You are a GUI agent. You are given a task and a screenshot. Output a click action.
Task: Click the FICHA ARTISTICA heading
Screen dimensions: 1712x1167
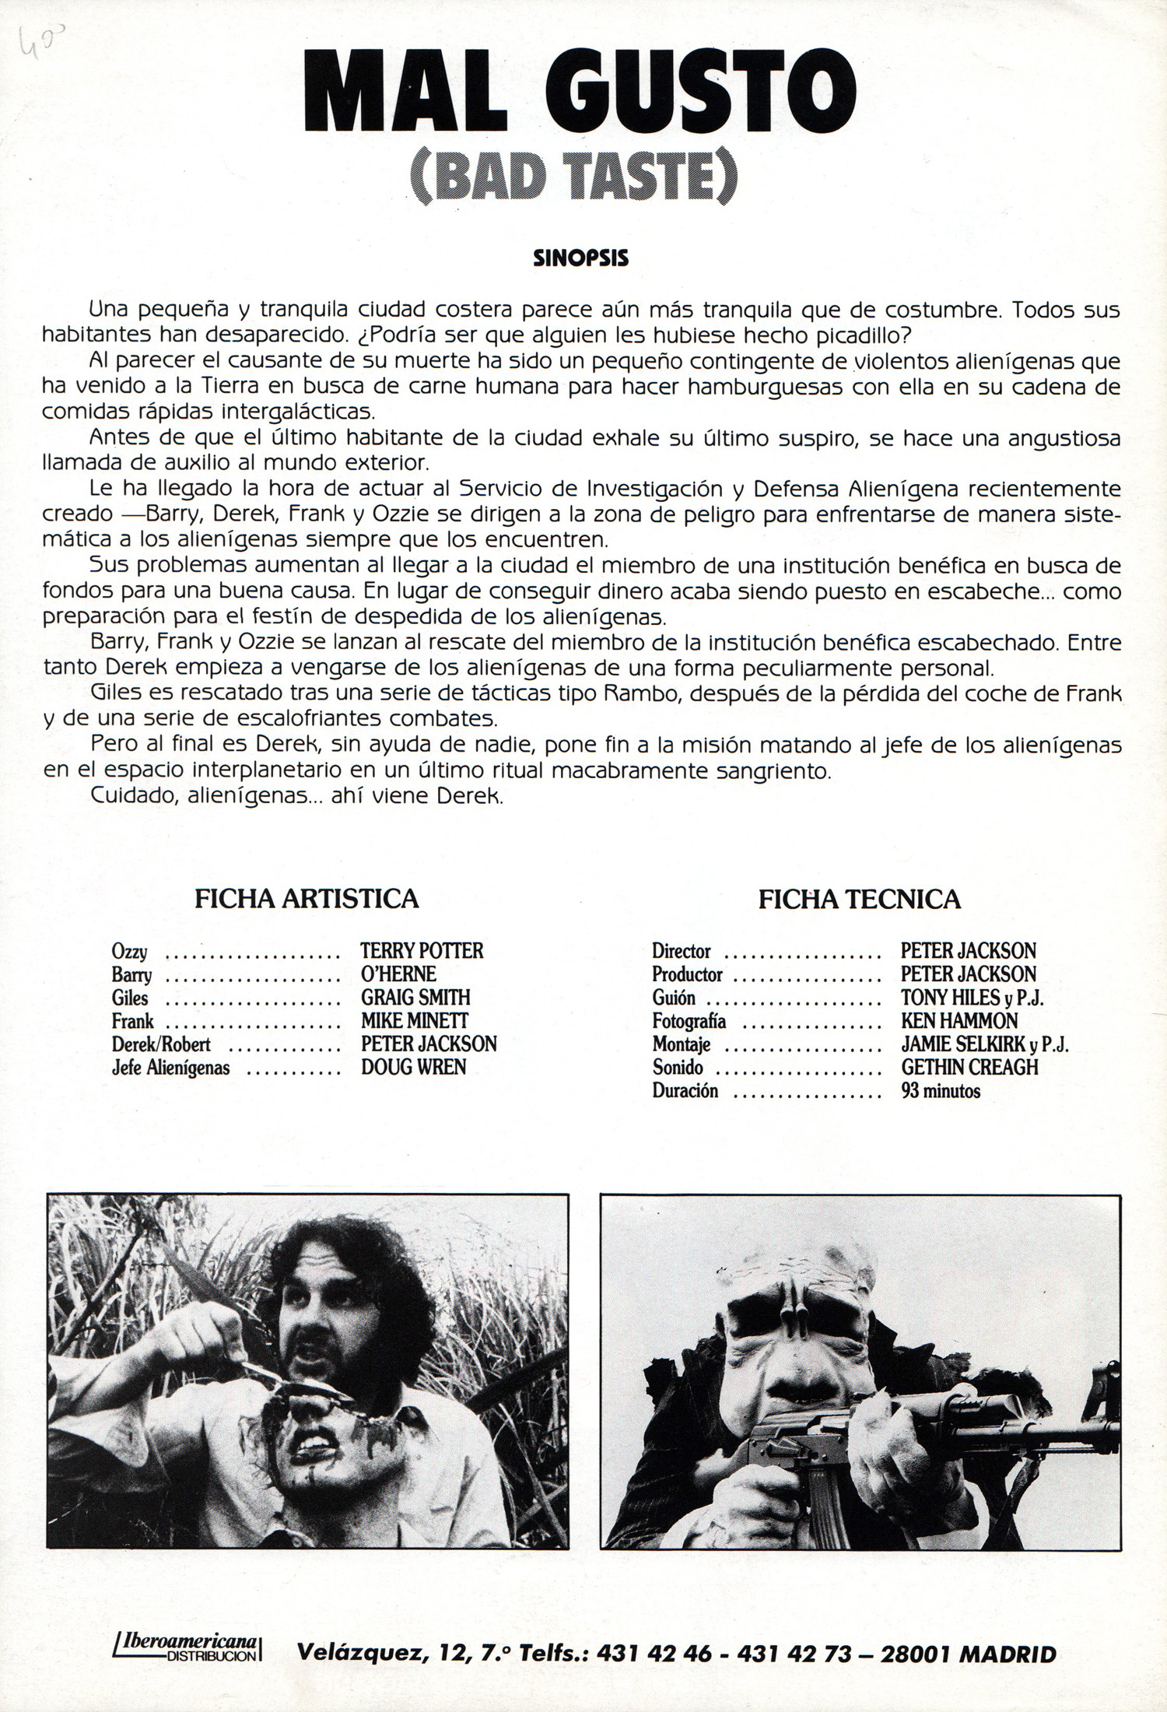click(x=307, y=899)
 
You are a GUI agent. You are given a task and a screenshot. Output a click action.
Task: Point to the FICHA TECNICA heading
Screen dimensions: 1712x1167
click(x=859, y=900)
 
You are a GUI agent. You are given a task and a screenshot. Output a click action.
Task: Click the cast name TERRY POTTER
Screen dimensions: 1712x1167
click(x=422, y=951)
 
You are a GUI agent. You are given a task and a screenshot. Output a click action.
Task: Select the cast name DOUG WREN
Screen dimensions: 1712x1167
click(x=413, y=1067)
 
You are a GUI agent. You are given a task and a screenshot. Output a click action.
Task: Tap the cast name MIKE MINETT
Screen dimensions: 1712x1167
click(x=415, y=1021)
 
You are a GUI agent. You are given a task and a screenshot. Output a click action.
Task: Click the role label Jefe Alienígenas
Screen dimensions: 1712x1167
click(x=170, y=1068)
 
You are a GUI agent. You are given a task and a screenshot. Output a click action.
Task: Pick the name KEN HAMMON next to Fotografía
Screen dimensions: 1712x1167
click(x=958, y=1021)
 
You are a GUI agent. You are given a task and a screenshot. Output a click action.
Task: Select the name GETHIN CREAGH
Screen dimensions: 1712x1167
click(x=969, y=1067)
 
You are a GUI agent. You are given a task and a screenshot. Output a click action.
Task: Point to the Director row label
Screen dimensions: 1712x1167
click(x=682, y=951)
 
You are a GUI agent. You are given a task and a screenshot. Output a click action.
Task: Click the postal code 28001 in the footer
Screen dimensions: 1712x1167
click(x=914, y=1653)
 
